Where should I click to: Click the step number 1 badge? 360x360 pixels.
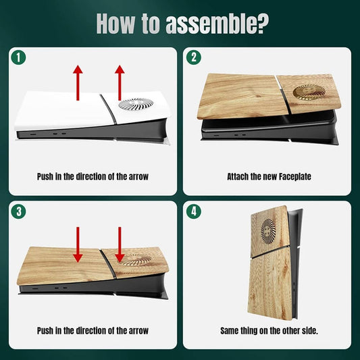(x=18, y=57)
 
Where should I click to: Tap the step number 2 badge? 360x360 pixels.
(x=194, y=57)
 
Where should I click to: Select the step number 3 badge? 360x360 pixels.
(x=18, y=211)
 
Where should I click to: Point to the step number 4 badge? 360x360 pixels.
(x=194, y=211)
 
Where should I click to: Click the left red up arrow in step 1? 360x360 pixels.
(x=78, y=82)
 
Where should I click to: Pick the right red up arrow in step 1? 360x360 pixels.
(x=120, y=82)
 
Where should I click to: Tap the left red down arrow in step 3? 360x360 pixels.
(x=78, y=245)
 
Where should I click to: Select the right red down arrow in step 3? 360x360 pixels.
(x=120, y=245)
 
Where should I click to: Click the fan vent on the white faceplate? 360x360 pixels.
(x=136, y=104)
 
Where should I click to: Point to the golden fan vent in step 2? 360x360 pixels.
(x=309, y=92)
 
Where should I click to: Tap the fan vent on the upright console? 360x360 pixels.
(x=268, y=231)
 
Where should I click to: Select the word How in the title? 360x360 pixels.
(x=115, y=24)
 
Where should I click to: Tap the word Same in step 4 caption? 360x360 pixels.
(x=229, y=330)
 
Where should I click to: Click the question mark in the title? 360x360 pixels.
(x=261, y=24)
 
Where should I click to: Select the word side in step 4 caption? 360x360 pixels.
(x=311, y=330)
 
